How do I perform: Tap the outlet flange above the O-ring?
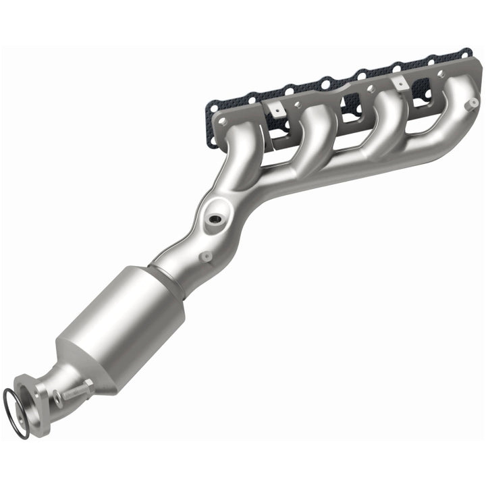[x=36, y=394]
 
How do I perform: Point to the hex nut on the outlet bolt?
[x=86, y=386]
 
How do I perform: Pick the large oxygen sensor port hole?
[x=215, y=220]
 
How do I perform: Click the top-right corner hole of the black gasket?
[x=464, y=52]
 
